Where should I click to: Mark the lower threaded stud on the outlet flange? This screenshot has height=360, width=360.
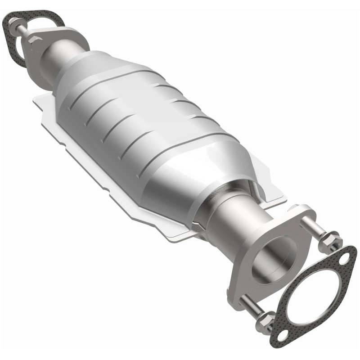click(x=252, y=306)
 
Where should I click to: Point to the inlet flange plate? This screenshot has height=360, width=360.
click(x=67, y=38)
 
